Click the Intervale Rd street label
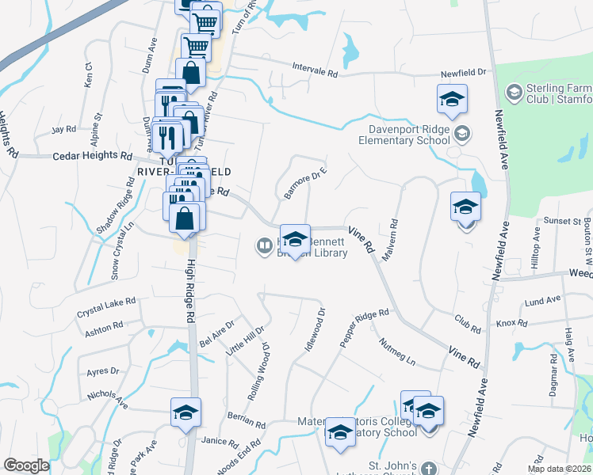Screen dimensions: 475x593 (x=316, y=70)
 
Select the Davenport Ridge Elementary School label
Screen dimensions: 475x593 (x=409, y=134)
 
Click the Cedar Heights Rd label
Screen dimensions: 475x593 (x=91, y=157)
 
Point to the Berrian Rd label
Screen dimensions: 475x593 (x=247, y=420)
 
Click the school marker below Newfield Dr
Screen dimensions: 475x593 (x=452, y=99)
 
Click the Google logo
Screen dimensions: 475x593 (x=26, y=465)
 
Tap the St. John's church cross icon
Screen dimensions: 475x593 (x=428, y=468)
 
